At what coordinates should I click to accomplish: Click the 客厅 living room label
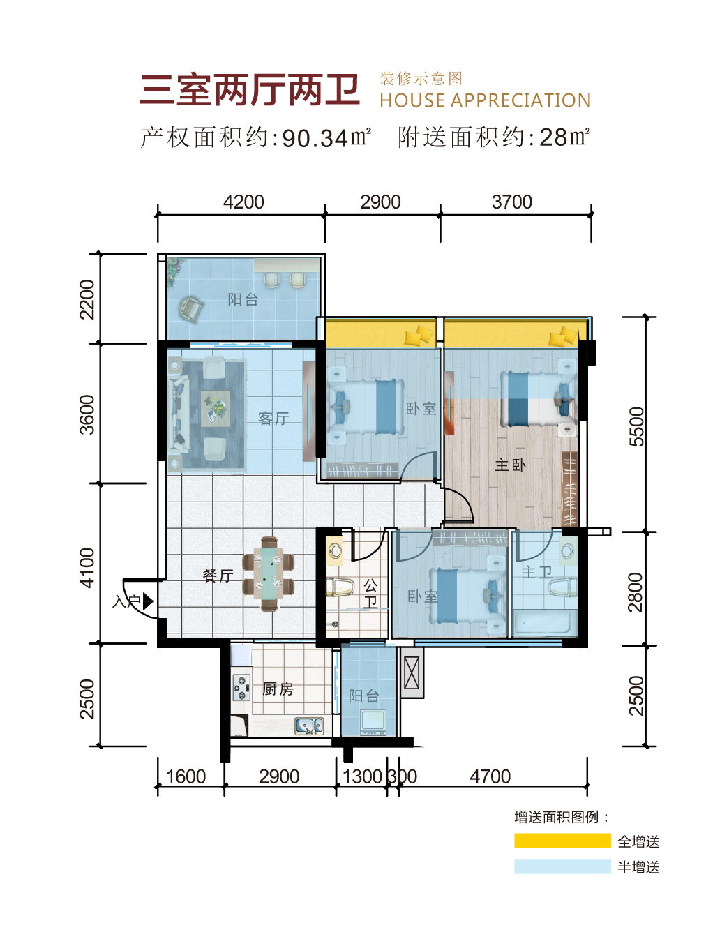(273, 419)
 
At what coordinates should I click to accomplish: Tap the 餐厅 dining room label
(218, 576)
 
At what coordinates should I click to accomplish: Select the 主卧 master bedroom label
(510, 465)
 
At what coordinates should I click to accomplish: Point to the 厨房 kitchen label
(278, 689)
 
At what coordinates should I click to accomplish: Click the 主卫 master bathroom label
(536, 572)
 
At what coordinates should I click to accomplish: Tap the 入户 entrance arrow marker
(148, 601)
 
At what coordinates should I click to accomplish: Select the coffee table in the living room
(216, 409)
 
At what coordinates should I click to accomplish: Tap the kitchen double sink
(309, 726)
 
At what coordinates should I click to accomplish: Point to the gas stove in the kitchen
(241, 688)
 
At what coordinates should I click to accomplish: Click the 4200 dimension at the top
(243, 202)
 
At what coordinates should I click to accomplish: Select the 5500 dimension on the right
(636, 426)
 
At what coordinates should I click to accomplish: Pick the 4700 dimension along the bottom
(490, 776)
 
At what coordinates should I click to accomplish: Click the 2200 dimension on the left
(87, 299)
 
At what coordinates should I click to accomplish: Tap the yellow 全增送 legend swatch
(562, 841)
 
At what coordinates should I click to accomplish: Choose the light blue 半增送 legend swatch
(562, 866)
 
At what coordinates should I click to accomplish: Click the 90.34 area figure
(315, 138)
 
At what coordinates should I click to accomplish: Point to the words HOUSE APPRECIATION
(485, 100)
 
